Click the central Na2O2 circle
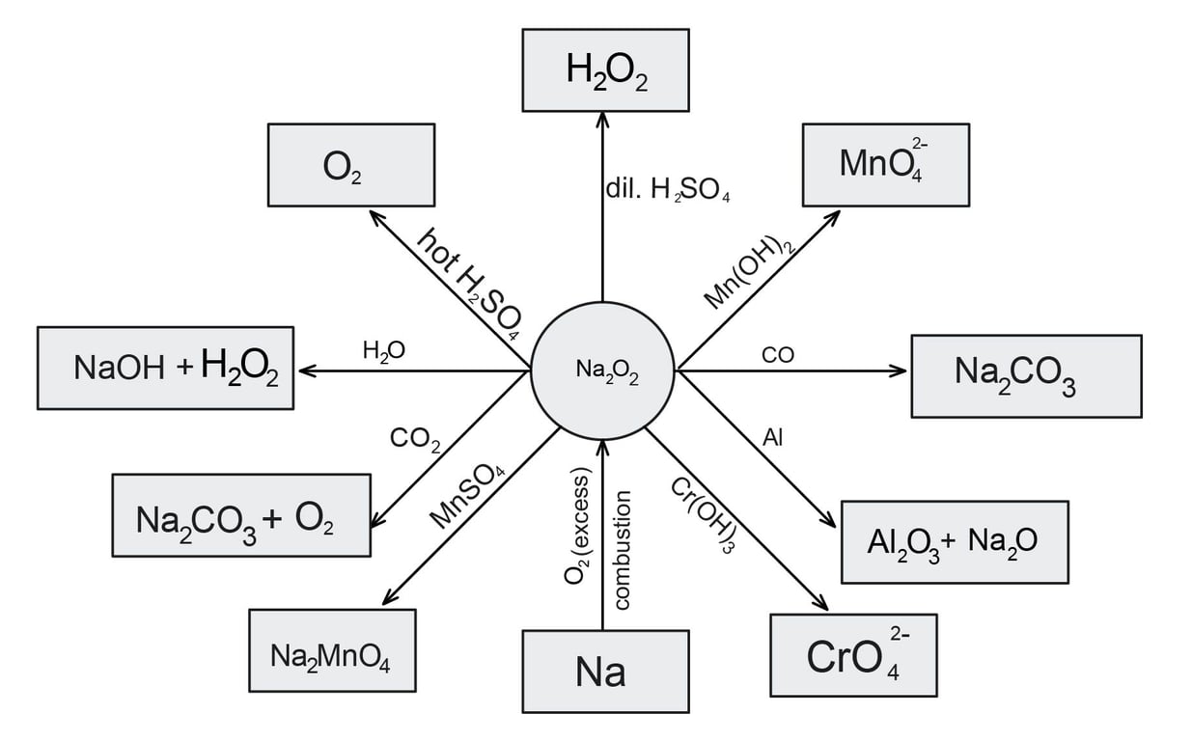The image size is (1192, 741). click(602, 370)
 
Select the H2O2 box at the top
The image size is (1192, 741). click(606, 69)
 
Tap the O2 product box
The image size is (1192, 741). click(350, 164)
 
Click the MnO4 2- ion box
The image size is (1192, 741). click(885, 164)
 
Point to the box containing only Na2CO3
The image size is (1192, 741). click(1026, 376)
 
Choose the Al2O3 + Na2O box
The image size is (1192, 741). click(954, 542)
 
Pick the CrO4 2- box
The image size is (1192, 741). click(853, 655)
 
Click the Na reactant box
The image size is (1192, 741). click(605, 671)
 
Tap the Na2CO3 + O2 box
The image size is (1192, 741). click(240, 515)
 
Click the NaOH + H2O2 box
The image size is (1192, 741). click(165, 368)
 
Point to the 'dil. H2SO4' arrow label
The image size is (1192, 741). click(667, 190)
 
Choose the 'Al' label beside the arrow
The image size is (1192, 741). click(772, 438)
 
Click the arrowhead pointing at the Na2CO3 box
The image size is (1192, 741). click(900, 370)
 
